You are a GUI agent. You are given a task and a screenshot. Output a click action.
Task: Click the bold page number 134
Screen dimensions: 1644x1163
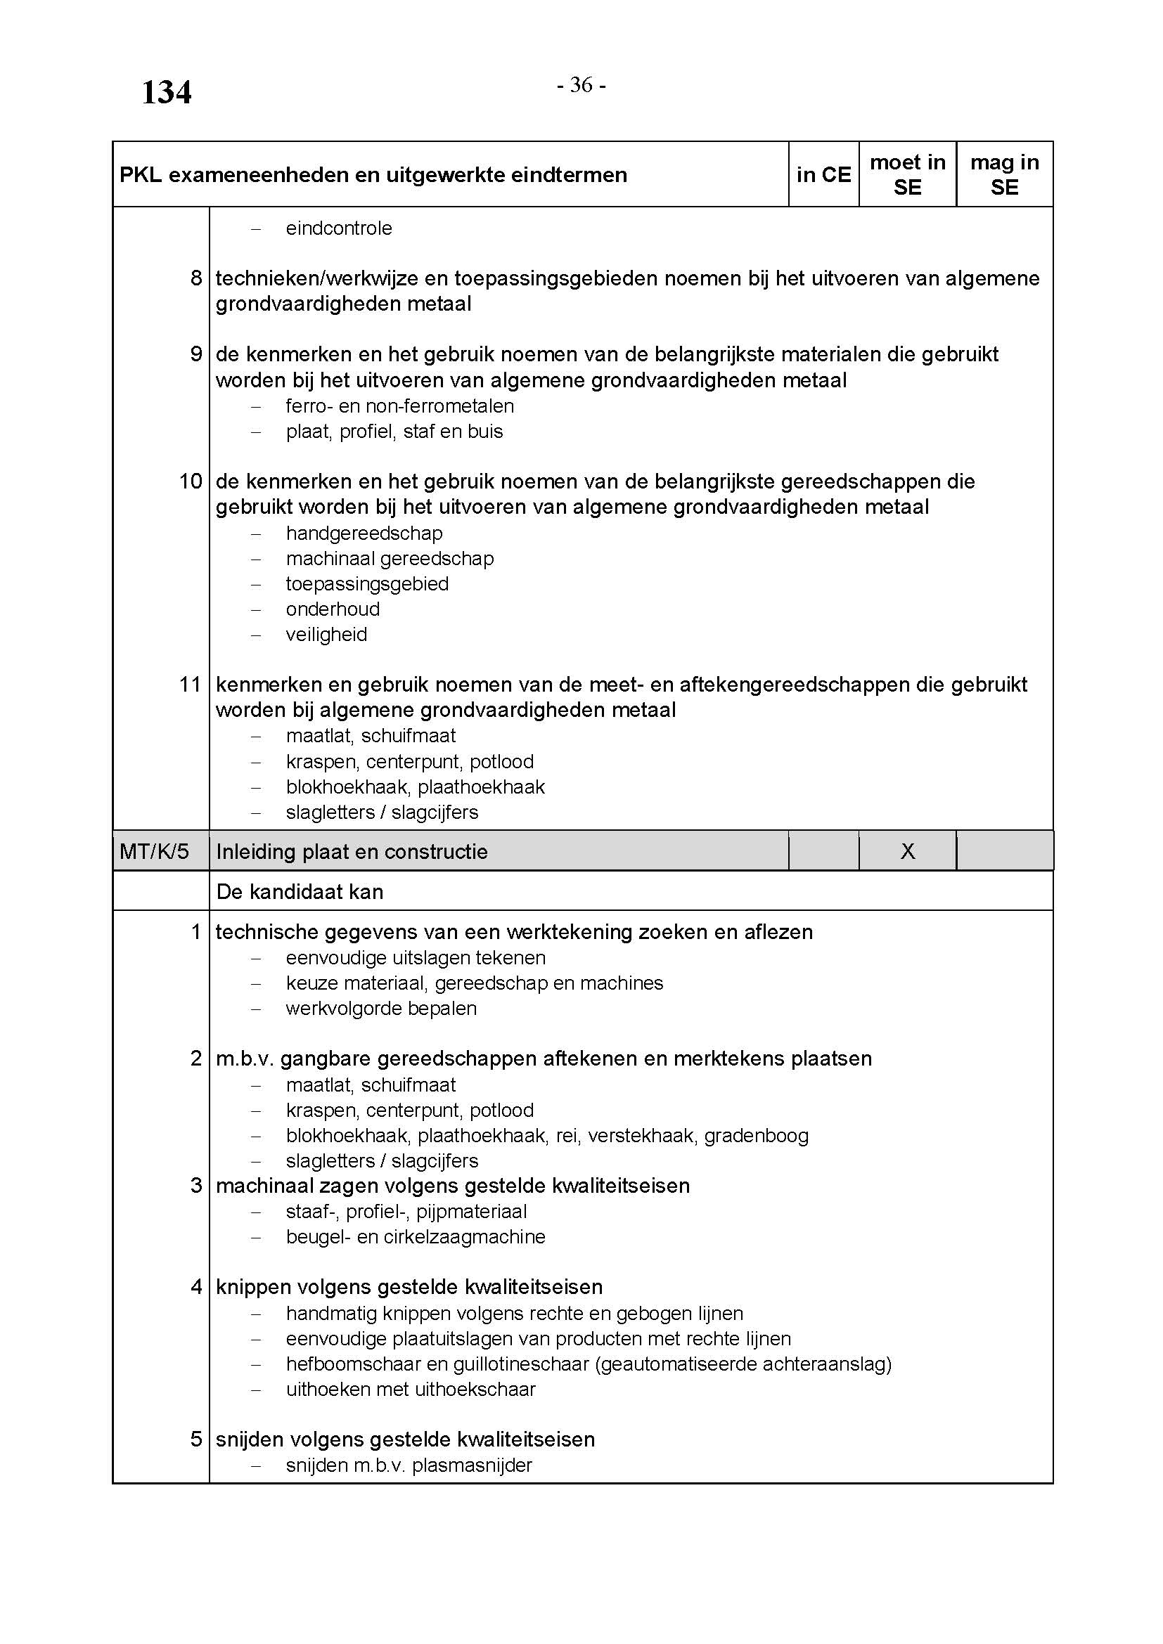click(166, 93)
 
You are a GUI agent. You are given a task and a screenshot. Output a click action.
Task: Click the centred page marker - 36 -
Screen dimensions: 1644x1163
click(581, 85)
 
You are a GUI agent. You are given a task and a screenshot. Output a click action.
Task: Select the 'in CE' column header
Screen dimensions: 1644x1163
click(823, 175)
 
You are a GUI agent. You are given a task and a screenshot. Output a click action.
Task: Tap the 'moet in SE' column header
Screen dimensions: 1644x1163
click(907, 175)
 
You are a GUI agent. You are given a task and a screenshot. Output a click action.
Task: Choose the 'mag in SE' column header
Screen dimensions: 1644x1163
click(1004, 175)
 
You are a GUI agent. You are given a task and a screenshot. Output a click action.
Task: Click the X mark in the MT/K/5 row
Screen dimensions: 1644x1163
click(907, 851)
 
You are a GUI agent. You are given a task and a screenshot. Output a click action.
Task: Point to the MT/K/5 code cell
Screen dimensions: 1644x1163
click(155, 851)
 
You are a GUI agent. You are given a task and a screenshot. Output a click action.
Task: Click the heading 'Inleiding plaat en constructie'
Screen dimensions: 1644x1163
click(352, 852)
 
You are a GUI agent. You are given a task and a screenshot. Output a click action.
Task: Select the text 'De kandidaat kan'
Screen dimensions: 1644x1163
click(300, 891)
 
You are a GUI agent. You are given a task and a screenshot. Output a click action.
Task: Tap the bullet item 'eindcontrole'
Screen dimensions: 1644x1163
click(339, 228)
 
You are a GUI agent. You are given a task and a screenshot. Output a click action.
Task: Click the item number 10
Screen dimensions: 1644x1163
click(191, 481)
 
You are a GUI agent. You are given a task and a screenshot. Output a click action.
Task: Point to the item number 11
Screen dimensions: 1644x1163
click(191, 685)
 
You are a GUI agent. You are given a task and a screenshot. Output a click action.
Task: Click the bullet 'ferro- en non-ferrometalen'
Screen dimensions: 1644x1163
click(399, 406)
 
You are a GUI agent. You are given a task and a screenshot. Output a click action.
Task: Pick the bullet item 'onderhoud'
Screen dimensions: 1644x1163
click(333, 609)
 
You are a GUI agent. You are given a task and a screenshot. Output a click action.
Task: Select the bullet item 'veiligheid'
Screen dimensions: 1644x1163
click(326, 635)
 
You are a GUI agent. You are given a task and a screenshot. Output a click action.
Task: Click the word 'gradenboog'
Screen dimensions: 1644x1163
click(757, 1136)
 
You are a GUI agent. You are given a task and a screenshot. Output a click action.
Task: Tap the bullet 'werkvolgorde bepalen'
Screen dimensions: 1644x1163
click(381, 1008)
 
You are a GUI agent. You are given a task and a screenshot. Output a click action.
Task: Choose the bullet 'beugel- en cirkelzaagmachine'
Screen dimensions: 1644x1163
click(416, 1236)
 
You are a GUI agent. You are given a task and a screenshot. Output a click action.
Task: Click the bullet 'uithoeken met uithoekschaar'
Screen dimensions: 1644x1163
click(411, 1389)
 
